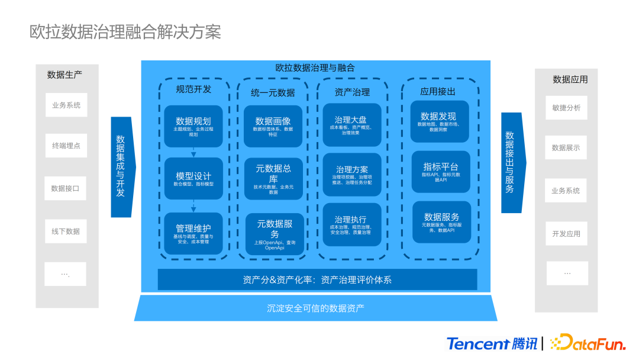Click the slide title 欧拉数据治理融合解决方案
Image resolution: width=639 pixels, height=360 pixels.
pyautogui.click(x=125, y=31)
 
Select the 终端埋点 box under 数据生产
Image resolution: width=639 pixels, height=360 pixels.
pyautogui.click(x=66, y=146)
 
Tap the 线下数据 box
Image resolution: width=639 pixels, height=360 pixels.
pyautogui.click(x=66, y=231)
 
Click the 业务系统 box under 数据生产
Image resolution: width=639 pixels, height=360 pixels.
pyautogui.click(x=66, y=105)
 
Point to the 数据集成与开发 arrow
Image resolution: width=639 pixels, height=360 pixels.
pyautogui.click(x=122, y=166)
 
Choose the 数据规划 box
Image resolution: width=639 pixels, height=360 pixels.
pyautogui.click(x=193, y=126)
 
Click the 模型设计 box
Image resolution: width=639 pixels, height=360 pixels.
pyautogui.click(x=193, y=179)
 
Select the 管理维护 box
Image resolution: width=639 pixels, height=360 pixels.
pyautogui.click(x=193, y=233)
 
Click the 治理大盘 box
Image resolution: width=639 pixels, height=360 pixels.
pyautogui.click(x=352, y=125)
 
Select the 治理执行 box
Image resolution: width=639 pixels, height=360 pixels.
pyautogui.click(x=352, y=224)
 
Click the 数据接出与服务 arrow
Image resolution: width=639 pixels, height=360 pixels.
pyautogui.click(x=511, y=162)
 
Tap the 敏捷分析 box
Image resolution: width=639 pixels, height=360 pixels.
pyautogui.click(x=566, y=108)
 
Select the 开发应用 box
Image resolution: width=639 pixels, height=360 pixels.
pyautogui.click(x=566, y=234)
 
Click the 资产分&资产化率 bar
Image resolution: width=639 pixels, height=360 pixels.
pyautogui.click(x=317, y=279)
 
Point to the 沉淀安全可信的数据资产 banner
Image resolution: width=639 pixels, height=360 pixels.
pyautogui.click(x=315, y=308)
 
